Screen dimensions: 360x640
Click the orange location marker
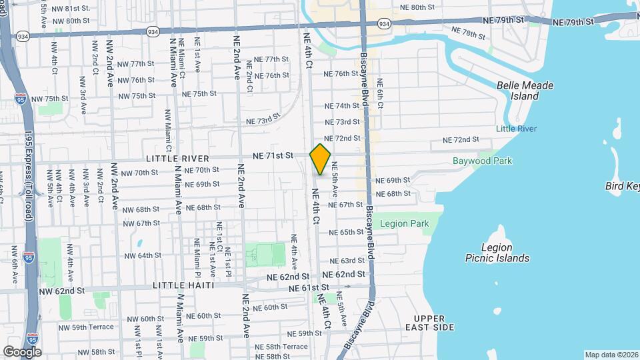(321, 159)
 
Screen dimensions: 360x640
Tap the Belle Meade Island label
(525, 91)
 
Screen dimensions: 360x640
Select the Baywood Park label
(482, 161)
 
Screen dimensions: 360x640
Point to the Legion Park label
(404, 224)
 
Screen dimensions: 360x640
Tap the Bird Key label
(622, 186)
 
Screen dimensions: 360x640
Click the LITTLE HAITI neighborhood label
(183, 285)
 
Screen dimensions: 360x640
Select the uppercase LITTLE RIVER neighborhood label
(177, 159)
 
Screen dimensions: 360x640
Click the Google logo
(23, 351)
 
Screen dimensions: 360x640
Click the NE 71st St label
(273, 155)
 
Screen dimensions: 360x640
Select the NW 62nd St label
(62, 291)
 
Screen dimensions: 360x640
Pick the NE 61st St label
(309, 288)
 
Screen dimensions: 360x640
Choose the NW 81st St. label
(71, 8)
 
